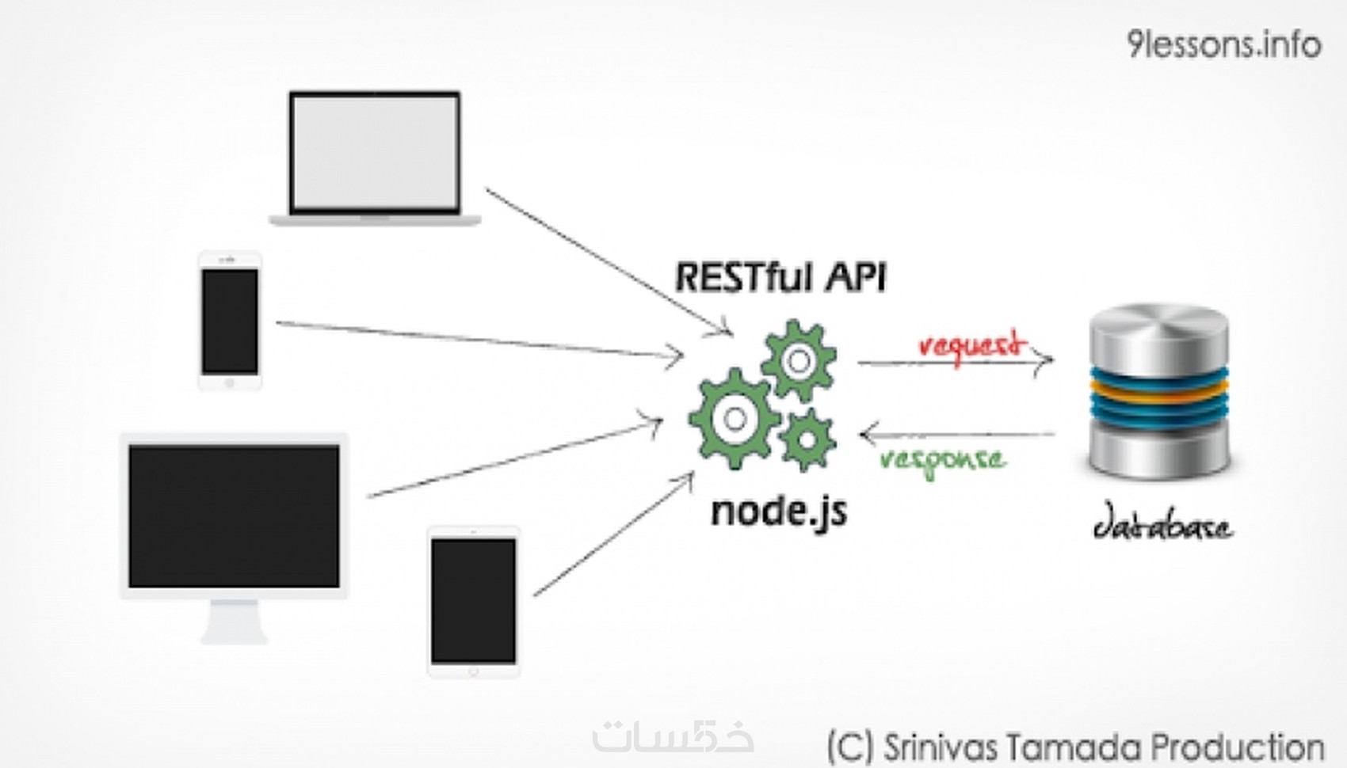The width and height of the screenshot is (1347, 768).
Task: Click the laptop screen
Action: click(x=375, y=152)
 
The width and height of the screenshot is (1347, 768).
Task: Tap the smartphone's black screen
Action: click(x=230, y=321)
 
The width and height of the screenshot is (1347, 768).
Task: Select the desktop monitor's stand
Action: click(x=234, y=622)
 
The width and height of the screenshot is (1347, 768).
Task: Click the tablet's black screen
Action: click(x=474, y=600)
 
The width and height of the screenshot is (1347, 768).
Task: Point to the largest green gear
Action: click(x=734, y=419)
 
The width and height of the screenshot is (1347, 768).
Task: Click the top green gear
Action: click(x=799, y=361)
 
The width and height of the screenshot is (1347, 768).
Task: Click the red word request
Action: click(x=971, y=345)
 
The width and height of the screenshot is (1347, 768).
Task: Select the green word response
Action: click(x=943, y=460)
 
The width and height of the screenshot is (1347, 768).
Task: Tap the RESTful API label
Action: click(x=780, y=278)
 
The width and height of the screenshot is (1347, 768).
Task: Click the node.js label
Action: click(x=779, y=511)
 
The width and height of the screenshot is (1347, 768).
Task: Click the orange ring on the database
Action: click(x=1158, y=389)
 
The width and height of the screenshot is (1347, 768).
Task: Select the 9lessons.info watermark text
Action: click(x=1223, y=44)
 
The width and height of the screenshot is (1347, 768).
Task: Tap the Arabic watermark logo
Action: click(x=673, y=736)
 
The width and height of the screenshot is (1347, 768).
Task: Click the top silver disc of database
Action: click(x=1158, y=325)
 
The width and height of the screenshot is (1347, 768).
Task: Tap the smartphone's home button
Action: click(x=230, y=383)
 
